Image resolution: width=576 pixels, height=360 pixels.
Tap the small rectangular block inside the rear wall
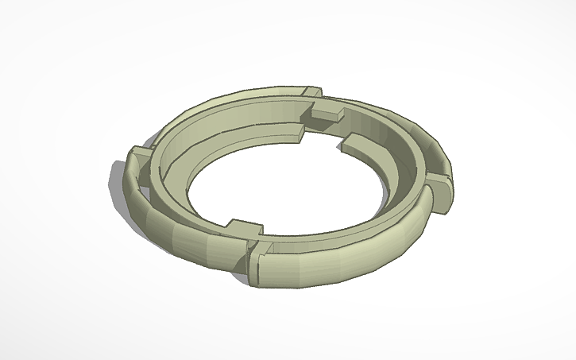click(326, 116)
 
